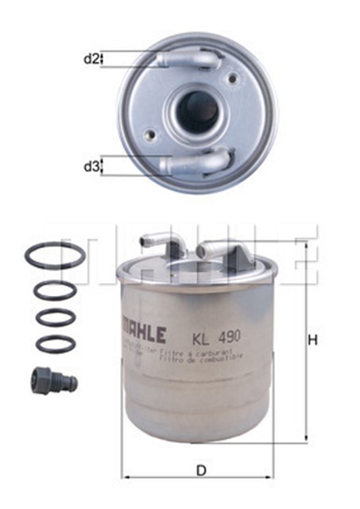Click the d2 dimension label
[92, 60]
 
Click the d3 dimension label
[92, 166]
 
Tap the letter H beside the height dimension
[313, 340]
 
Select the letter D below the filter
[201, 470]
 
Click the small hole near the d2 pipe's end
[233, 77]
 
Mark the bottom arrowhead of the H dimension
[304, 439]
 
